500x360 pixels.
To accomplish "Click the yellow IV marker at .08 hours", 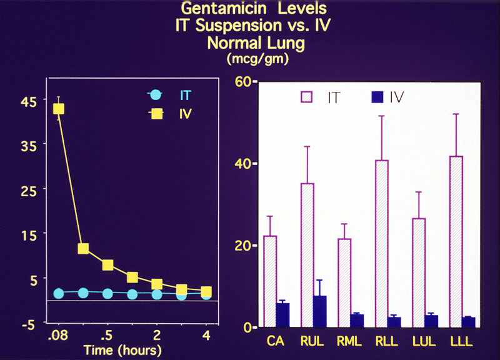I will click(59, 109).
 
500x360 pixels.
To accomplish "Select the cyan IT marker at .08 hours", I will click(59, 293).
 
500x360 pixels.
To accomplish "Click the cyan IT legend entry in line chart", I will click(154, 96).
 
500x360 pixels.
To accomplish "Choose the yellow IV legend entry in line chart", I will click(154, 114).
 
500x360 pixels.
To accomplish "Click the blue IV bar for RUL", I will click(320, 311).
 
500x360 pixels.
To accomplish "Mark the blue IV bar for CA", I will click(282, 314).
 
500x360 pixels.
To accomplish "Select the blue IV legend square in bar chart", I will click(377, 97).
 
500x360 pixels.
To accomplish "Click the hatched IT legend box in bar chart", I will click(306, 97).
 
